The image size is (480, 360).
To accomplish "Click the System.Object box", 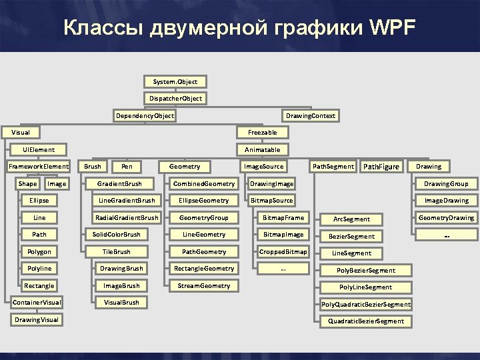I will click(175, 81).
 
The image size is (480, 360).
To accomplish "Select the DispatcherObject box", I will click(175, 99).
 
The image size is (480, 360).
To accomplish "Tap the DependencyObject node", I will click(145, 116).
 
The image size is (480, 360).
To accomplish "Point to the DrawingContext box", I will click(310, 116).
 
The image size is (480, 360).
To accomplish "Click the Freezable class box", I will click(262, 133).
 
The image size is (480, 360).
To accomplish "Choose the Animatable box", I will click(262, 150).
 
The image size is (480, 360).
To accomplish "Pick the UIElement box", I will click(39, 150).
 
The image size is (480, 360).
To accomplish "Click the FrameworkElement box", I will click(39, 167).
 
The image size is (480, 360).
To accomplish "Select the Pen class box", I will click(127, 167).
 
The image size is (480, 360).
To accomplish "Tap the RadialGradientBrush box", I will click(127, 217).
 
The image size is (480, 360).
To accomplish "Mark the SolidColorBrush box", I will click(116, 235).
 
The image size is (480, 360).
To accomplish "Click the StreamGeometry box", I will click(203, 286).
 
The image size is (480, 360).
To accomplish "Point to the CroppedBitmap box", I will click(283, 252).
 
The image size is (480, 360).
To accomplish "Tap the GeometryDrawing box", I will click(446, 217).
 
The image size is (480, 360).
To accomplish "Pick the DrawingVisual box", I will click(37, 320).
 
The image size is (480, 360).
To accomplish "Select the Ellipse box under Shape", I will click(39, 201).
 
